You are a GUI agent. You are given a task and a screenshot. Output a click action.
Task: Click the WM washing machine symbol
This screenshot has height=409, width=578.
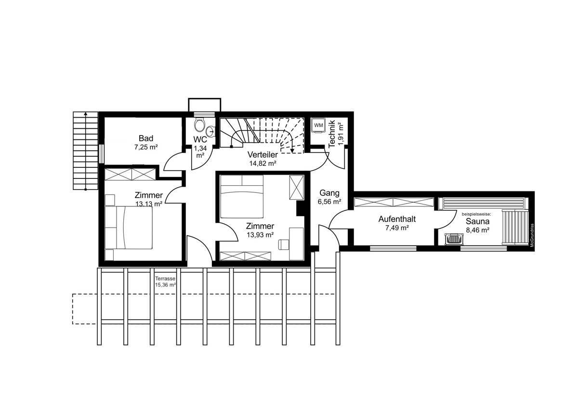[x=318, y=125]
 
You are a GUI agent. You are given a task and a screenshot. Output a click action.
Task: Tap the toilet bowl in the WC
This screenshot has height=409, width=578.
[x=199, y=125]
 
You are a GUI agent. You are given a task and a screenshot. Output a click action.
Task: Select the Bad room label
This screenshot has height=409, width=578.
[x=146, y=138]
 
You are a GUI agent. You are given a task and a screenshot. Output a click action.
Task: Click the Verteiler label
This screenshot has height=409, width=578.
[x=263, y=155]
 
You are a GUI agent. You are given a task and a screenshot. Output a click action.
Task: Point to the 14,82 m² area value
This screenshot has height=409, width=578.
[x=263, y=164]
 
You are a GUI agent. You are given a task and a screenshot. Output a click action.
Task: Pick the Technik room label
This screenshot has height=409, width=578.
[x=331, y=134]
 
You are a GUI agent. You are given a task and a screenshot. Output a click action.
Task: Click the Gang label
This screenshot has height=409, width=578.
[x=329, y=193]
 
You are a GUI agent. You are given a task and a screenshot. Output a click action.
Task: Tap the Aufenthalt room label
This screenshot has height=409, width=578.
[x=397, y=219]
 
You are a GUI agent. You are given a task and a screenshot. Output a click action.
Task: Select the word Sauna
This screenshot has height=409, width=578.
[x=477, y=221]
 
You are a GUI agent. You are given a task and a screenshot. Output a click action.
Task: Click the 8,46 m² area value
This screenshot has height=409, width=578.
[x=478, y=230]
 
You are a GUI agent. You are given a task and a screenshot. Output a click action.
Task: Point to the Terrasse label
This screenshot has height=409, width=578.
[x=165, y=278]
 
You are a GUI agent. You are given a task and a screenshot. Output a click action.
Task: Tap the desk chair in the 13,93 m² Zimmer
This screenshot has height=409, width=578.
[x=284, y=245]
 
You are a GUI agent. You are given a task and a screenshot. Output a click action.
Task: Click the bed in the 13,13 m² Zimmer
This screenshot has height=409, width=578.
[x=129, y=227]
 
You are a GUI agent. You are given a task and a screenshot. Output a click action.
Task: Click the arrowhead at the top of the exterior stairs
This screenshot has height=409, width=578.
[x=86, y=113]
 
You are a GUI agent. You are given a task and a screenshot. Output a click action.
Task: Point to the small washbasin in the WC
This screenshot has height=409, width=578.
[x=210, y=132]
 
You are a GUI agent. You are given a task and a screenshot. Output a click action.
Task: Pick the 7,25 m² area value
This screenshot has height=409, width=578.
[x=146, y=147]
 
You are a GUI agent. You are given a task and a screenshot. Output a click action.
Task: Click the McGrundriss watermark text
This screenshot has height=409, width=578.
[x=532, y=235]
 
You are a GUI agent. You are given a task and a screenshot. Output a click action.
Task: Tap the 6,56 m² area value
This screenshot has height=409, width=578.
[x=329, y=202]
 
